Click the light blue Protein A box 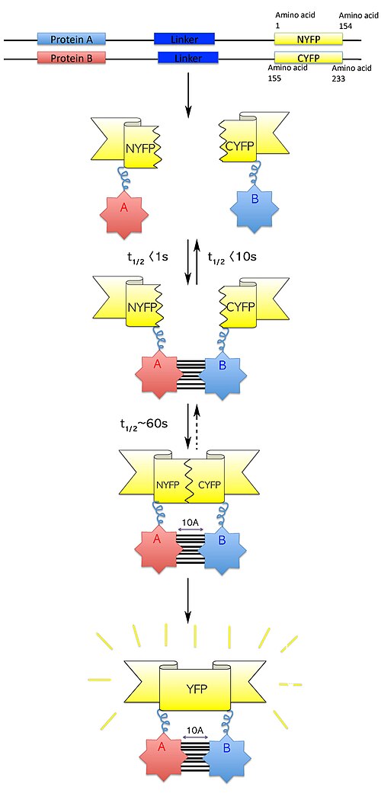coord(71,39)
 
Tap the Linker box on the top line coord(184,39)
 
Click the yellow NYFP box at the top coord(309,39)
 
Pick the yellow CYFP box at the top coord(309,57)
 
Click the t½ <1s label coord(146,257)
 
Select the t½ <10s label coord(232,257)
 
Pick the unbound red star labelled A coord(123,207)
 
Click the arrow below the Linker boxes coord(188,94)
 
